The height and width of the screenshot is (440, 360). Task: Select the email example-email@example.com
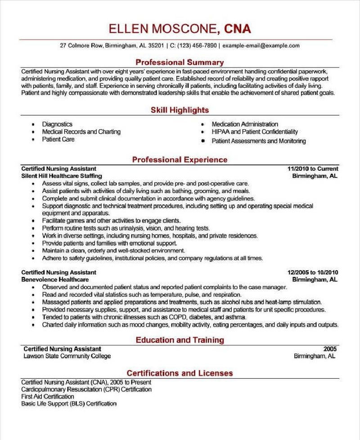pos(261,45)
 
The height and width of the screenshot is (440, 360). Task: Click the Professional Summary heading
pos(180,62)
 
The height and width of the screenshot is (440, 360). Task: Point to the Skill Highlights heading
pos(180,110)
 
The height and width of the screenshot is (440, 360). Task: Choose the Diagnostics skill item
pos(57,124)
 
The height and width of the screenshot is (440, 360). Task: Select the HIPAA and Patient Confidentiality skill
pos(255,132)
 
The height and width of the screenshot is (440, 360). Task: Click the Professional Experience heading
pos(180,160)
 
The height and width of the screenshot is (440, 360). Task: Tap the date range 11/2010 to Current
pos(313,169)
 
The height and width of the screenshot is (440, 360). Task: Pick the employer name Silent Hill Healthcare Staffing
pos(62,176)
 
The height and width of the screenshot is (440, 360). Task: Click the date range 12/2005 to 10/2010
pos(313,272)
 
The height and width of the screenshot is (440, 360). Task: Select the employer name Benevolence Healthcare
pos(55,280)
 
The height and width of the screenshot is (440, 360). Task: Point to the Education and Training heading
pos(180,340)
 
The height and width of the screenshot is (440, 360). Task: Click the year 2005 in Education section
pos(330,349)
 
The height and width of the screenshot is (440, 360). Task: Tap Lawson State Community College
pos(67,356)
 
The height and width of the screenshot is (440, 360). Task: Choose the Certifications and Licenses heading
pos(180,373)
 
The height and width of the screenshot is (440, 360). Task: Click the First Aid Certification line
pos(48,397)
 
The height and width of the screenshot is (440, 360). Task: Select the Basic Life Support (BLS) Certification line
pos(69,404)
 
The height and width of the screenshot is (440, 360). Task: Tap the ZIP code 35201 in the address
pos(156,45)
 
